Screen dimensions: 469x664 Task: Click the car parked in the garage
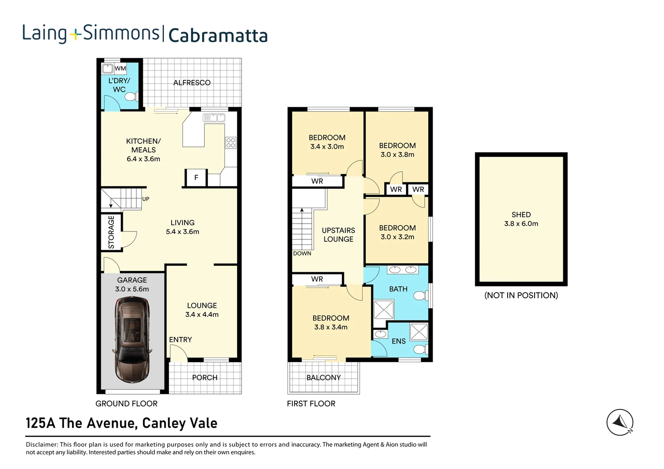pyautogui.click(x=132, y=339)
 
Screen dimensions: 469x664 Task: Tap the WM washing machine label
pyautogui.click(x=120, y=68)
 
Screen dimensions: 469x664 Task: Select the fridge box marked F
pyautogui.click(x=196, y=178)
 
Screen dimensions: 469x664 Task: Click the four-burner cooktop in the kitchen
pyautogui.click(x=231, y=143)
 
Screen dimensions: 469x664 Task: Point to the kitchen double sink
pyautogui.click(x=214, y=118)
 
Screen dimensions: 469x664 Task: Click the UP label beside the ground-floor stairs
pyautogui.click(x=146, y=199)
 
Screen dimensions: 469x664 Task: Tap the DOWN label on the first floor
pyautogui.click(x=302, y=254)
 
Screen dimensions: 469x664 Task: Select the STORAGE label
pyautogui.click(x=111, y=232)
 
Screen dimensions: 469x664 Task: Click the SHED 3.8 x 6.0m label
pyautogui.click(x=521, y=219)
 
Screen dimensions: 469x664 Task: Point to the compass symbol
pyautogui.click(x=620, y=422)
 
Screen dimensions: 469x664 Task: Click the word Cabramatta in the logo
pyautogui.click(x=218, y=36)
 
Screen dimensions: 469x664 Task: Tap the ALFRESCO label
pyautogui.click(x=192, y=83)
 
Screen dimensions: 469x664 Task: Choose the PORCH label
pyautogui.click(x=205, y=377)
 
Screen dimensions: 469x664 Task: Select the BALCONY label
pyautogui.click(x=324, y=377)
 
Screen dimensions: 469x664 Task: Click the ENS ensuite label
pyautogui.click(x=398, y=341)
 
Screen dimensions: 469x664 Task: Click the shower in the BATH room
pyautogui.click(x=383, y=310)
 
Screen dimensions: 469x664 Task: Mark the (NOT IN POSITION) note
pyautogui.click(x=521, y=295)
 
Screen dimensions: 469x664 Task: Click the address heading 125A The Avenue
pyautogui.click(x=122, y=423)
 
